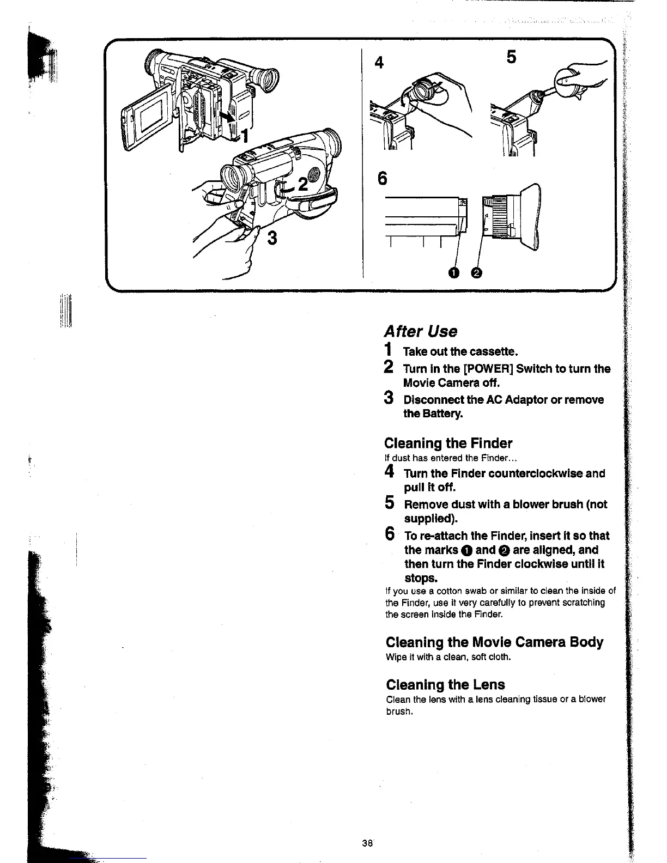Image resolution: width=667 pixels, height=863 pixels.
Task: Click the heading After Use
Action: (421, 331)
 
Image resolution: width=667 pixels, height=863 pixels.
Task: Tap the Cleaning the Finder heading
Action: (448, 443)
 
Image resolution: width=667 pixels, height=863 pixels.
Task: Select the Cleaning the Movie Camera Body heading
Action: (494, 642)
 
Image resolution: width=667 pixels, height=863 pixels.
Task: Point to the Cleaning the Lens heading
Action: (445, 684)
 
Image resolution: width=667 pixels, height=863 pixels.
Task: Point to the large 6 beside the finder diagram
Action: (382, 179)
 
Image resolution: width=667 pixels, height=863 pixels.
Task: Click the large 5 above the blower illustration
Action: (511, 57)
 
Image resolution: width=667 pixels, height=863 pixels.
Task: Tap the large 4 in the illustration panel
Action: (380, 63)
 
